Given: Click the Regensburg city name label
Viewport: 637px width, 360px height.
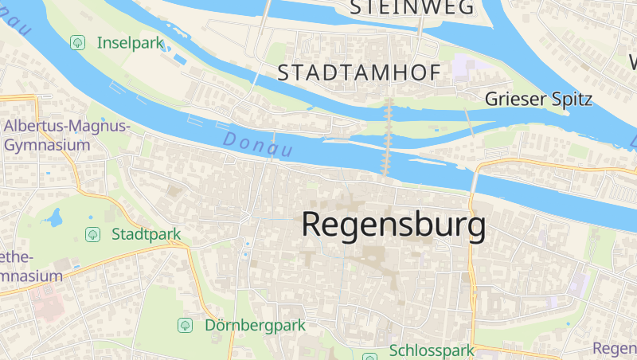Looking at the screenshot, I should pos(393,225).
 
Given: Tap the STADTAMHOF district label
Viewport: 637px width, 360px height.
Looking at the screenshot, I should pos(358,73).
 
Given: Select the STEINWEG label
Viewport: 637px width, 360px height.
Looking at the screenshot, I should pos(412,8).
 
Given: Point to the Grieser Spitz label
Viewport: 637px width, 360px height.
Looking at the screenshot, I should pos(539,100).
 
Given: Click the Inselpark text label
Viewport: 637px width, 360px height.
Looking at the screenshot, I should pos(130,42).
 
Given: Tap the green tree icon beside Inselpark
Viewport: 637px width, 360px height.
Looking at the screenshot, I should pos(77,42).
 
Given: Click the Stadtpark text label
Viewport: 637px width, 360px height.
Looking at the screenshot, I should pos(146,234).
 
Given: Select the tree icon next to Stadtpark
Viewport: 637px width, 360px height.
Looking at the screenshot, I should pos(92,234).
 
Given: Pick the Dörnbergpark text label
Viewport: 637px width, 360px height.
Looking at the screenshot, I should pos(255,325).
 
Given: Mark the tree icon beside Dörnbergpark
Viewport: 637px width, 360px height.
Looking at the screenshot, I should pos(186,325).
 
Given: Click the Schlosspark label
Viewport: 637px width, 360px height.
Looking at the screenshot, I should pos(432,350).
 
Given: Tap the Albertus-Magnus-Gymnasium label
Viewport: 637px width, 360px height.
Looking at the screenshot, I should pos(66,135).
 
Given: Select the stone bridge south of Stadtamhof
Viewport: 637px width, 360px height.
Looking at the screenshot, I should pos(389,135).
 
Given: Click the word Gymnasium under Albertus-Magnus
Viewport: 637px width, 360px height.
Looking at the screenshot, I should pos(45,146).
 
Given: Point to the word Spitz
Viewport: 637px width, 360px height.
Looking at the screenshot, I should pos(571,100).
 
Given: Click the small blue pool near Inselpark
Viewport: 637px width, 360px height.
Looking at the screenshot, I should pos(180,59).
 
